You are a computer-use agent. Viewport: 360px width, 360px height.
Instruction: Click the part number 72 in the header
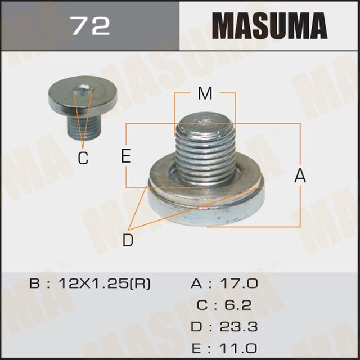(89, 25)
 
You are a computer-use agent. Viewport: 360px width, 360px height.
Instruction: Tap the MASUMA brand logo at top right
(269, 26)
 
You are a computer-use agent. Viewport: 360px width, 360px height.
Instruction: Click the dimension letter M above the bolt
(205, 94)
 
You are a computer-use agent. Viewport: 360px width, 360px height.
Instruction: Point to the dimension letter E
(126, 156)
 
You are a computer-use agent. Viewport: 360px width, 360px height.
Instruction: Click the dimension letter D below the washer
(128, 241)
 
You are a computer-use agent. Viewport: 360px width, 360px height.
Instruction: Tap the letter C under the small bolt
(83, 159)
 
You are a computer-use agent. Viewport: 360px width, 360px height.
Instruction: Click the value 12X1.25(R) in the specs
(104, 283)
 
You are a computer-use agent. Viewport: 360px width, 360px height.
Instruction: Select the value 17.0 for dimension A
(239, 283)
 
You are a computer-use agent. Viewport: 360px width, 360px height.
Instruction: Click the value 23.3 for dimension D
(239, 327)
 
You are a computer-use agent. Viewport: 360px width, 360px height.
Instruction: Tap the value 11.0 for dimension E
(239, 348)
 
